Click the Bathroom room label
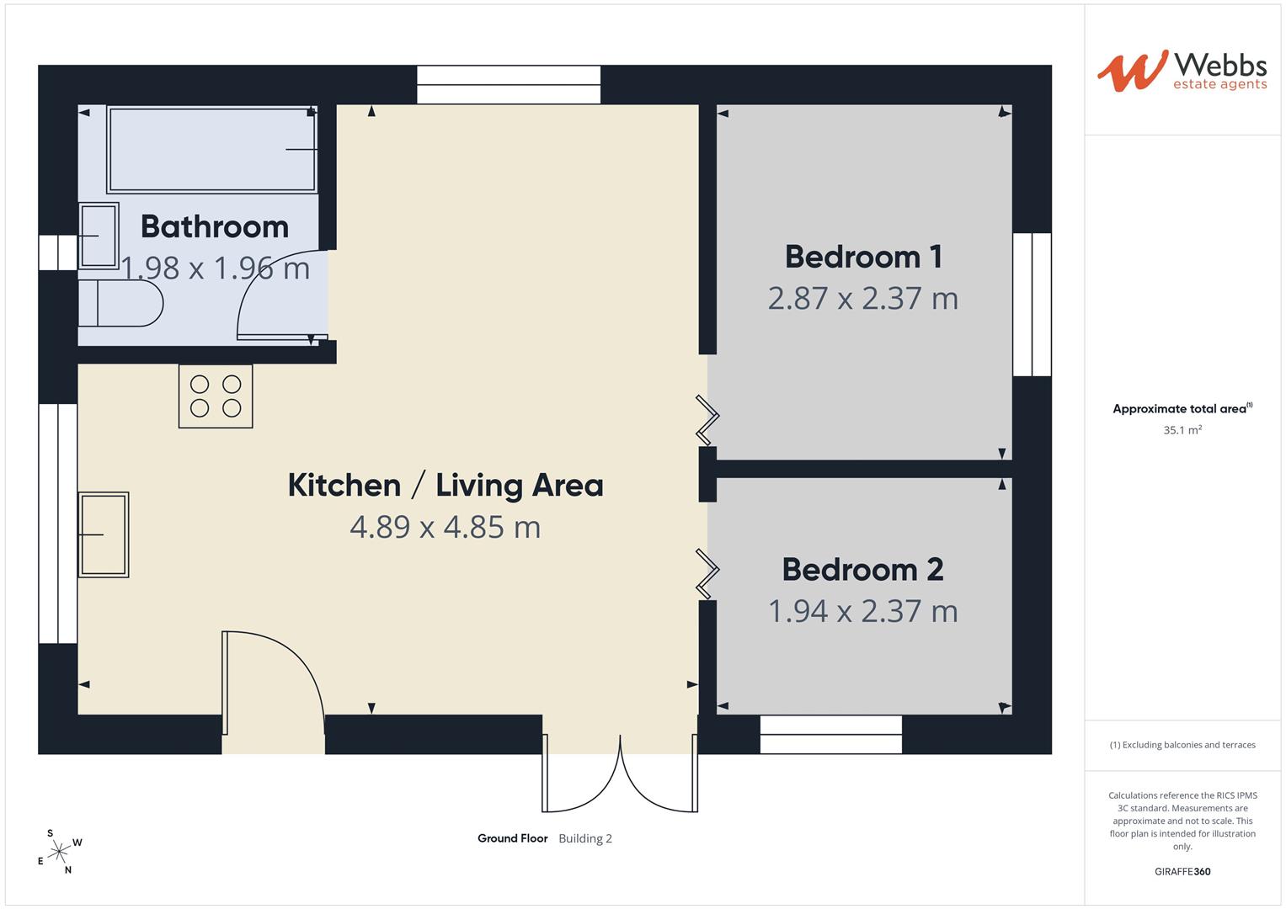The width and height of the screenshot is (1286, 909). [x=215, y=226]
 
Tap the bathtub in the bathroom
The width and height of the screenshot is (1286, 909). [x=212, y=149]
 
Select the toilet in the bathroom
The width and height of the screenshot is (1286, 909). [x=120, y=303]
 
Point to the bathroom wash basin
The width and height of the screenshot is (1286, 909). [x=99, y=236]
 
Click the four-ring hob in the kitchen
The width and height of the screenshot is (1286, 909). [x=216, y=396]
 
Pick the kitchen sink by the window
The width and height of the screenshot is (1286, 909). [x=104, y=534]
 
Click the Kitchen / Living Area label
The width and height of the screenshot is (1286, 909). [x=446, y=486]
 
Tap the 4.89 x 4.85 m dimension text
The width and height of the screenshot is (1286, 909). [x=446, y=527]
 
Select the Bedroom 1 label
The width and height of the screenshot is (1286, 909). [x=863, y=257]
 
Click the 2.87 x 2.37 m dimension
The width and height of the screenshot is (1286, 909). [x=863, y=299]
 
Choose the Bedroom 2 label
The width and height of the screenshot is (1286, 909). [x=863, y=570]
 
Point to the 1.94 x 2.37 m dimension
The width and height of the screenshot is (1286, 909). [x=863, y=611]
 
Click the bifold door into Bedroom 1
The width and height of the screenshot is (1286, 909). [x=707, y=420]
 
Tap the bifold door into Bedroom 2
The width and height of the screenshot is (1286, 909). [x=707, y=574]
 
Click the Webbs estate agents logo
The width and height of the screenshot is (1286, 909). [x=1182, y=71]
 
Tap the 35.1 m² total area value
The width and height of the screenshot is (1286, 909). [x=1182, y=430]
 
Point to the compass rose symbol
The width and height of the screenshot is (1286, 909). [x=59, y=852]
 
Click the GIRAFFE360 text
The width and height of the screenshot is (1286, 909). [x=1182, y=871]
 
